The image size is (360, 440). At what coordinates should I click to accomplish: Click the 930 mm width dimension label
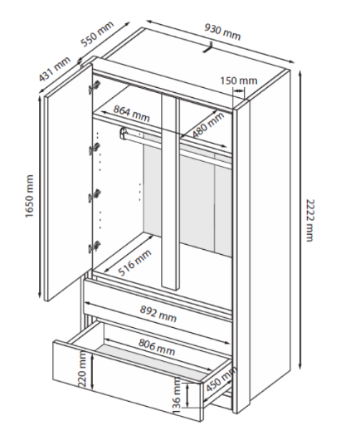[222, 32]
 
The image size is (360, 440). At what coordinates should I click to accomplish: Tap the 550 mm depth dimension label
[97, 33]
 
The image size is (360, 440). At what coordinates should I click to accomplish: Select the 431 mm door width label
[55, 69]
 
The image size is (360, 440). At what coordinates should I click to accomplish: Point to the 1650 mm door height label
[29, 196]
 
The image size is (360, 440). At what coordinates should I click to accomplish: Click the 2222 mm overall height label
[309, 220]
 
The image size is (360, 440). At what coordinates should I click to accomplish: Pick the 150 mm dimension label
[239, 81]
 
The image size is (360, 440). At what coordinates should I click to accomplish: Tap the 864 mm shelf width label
[132, 114]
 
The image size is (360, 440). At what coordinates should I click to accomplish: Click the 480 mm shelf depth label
[208, 125]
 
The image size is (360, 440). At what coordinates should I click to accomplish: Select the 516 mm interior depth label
[134, 262]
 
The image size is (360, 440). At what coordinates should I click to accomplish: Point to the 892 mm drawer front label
[158, 314]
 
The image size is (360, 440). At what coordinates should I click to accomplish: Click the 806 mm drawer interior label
[157, 347]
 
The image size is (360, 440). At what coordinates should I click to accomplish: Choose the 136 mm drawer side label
[178, 395]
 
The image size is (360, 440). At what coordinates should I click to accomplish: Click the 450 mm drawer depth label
[221, 379]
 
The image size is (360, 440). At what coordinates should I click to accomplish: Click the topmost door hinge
[95, 87]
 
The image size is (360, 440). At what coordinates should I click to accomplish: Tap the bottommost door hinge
[95, 247]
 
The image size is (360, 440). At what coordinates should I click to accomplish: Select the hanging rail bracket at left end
[124, 133]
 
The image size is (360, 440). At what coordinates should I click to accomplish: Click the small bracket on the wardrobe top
[207, 47]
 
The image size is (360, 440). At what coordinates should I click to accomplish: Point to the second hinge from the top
[95, 149]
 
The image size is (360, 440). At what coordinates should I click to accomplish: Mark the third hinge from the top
[95, 195]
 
